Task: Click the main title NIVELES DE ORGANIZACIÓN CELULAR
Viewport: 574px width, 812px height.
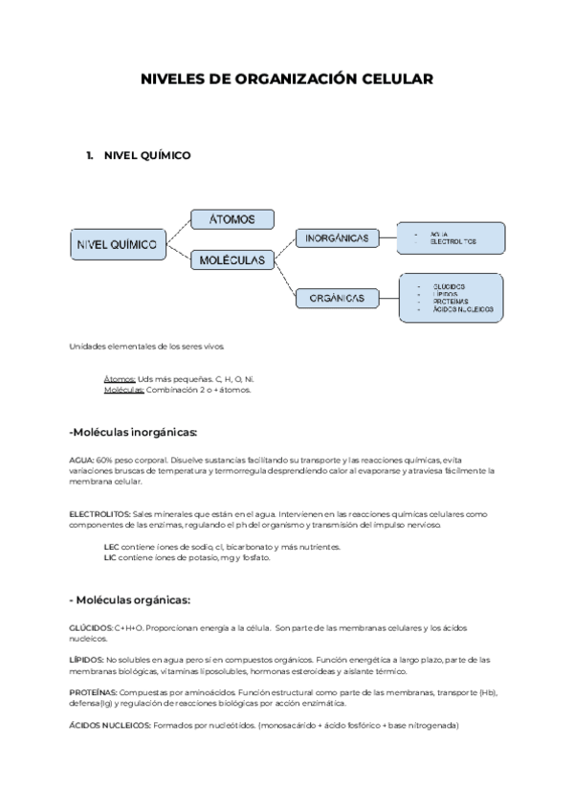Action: [x=287, y=80]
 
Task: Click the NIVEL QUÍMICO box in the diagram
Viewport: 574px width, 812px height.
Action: [x=116, y=245]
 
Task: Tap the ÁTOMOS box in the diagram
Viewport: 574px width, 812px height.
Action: [x=232, y=220]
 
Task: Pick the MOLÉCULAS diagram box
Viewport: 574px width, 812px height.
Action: [x=233, y=259]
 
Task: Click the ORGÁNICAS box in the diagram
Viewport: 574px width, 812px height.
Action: [x=337, y=299]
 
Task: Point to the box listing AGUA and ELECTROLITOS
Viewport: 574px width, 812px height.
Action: [x=452, y=237]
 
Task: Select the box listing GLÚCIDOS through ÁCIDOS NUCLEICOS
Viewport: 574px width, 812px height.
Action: [x=451, y=298]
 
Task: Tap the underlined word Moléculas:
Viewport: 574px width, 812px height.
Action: [x=123, y=390]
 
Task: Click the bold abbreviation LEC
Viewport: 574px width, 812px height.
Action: [x=111, y=547]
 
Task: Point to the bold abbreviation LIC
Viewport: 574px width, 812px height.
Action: [x=110, y=557]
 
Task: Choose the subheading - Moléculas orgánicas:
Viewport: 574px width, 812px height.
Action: [x=131, y=600]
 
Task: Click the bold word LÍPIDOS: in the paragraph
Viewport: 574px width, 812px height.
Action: [x=86, y=659]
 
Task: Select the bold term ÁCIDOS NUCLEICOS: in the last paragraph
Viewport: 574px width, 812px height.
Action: [x=110, y=725]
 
